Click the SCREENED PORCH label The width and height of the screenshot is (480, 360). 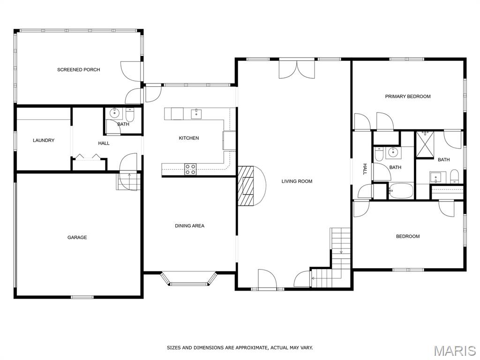click(79, 70)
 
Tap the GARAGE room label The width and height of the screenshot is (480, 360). click(77, 237)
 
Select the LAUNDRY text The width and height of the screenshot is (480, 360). click(44, 140)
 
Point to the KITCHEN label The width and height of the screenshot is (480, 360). click(189, 138)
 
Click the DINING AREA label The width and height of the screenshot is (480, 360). click(189, 225)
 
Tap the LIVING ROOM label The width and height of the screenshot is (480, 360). click(297, 181)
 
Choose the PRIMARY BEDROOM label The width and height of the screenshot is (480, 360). click(408, 97)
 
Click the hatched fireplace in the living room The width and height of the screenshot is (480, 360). click(247, 186)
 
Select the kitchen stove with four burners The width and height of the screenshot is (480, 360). click(190, 169)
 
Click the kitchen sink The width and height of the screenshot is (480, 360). click(196, 114)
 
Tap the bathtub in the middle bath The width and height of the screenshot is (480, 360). click(401, 191)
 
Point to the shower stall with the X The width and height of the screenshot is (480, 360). click(425, 144)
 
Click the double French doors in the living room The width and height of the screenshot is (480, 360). click(297, 69)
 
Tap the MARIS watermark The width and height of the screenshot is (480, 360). click(454, 351)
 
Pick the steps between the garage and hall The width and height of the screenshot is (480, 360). click(128, 181)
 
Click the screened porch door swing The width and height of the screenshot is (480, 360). click(131, 71)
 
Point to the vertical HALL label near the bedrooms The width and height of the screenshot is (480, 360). click(365, 169)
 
